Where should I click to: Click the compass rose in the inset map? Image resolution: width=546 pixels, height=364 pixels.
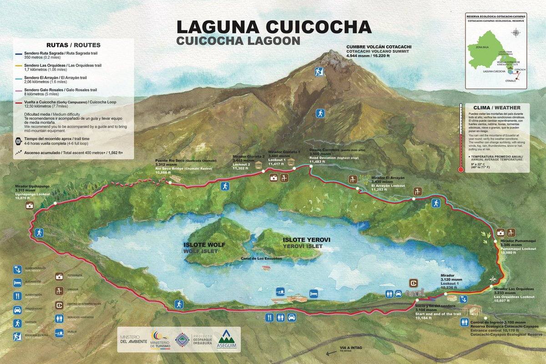click(516, 33)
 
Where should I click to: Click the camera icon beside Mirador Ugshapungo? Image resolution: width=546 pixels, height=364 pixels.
click(30, 206)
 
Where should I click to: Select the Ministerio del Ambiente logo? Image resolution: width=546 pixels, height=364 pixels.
click(133, 339)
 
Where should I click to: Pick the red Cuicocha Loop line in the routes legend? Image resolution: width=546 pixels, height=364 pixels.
click(18, 103)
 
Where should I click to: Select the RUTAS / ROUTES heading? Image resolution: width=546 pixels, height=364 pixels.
click(73, 45)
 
